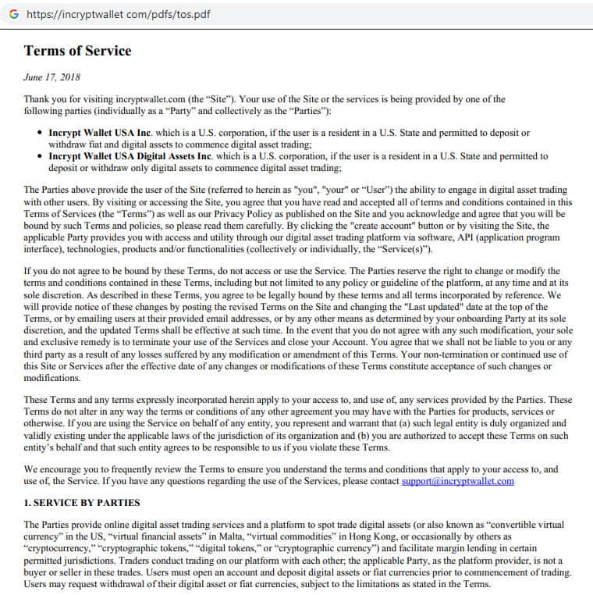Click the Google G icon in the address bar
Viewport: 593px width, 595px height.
pos(13,14)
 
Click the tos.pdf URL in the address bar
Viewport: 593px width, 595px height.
pos(118,14)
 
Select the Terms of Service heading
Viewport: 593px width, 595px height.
pos(77,52)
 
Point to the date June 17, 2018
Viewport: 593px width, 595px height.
pos(51,77)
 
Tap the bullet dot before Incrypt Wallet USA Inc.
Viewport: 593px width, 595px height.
pos(40,134)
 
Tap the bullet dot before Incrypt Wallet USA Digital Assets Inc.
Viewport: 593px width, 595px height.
pos(40,156)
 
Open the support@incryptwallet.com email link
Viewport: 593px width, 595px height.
pos(457,481)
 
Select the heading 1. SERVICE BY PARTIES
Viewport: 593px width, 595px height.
pos(83,503)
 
